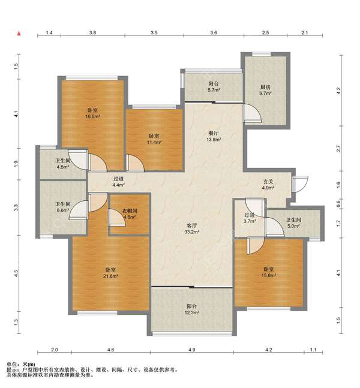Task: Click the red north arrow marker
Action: [19, 33]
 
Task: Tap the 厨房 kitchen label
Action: [265, 87]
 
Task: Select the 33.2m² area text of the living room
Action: [192, 232]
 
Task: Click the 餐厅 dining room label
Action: [214, 133]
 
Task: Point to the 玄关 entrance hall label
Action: [268, 181]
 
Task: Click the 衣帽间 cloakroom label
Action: [130, 211]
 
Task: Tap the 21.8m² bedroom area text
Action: [110, 276]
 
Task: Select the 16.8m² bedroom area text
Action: [92, 116]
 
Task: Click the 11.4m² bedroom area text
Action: [154, 142]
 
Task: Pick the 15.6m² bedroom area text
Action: [269, 275]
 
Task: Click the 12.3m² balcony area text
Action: [192, 312]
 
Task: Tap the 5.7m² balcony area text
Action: [214, 90]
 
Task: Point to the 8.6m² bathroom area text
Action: [63, 210]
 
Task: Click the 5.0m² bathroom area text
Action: [293, 226]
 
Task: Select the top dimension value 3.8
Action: [93, 32]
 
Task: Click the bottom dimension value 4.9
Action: [192, 350]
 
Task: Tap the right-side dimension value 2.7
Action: [339, 149]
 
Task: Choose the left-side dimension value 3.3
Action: [16, 207]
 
